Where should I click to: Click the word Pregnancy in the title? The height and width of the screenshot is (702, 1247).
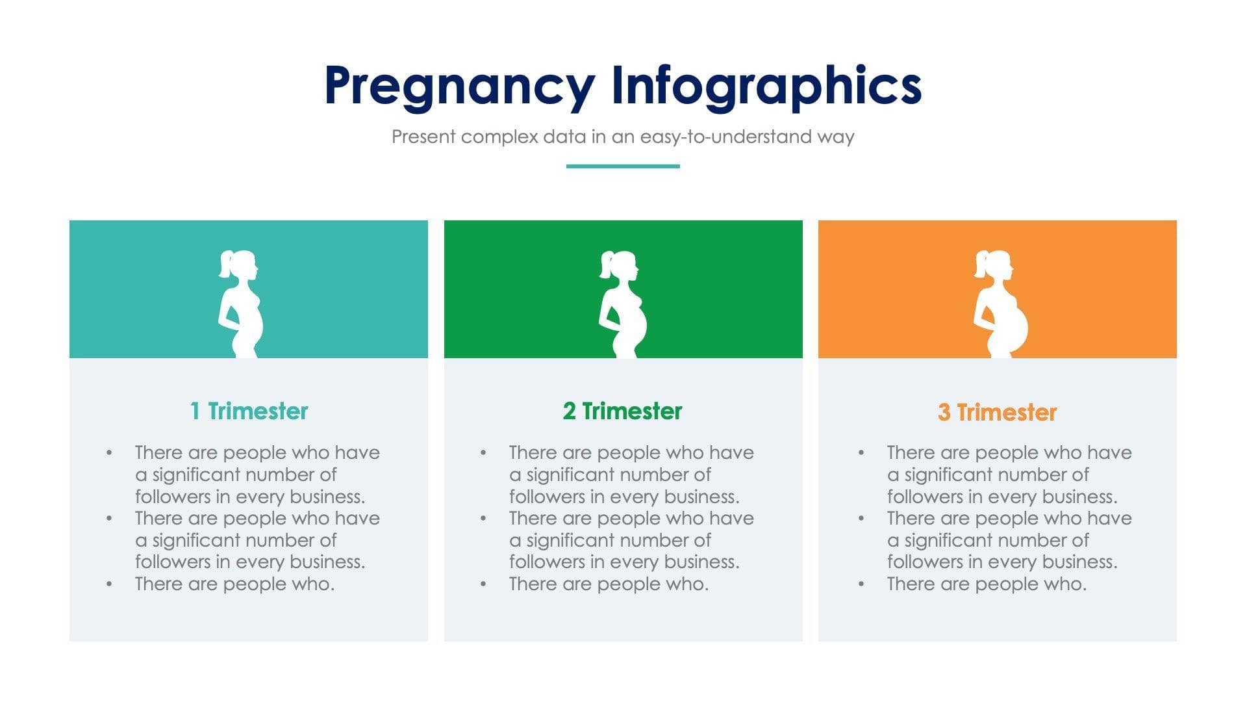[459, 86]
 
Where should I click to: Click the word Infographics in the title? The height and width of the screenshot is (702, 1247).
[766, 86]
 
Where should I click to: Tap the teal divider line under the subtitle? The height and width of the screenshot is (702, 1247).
[622, 166]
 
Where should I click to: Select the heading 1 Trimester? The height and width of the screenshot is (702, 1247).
[249, 411]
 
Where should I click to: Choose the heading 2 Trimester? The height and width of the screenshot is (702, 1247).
[622, 411]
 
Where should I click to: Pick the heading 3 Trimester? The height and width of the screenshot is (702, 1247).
[997, 412]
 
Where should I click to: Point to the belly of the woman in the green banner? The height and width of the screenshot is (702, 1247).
[637, 329]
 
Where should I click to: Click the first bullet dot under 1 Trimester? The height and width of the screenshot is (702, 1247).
[109, 452]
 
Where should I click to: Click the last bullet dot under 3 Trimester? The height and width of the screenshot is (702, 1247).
[861, 584]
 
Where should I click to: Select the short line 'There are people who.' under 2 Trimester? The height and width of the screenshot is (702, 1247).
[609, 584]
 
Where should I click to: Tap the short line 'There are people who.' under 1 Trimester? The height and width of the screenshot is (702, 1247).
[234, 584]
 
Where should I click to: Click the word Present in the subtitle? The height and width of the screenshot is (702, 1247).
[423, 136]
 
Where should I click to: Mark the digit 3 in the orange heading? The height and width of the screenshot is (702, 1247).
[944, 412]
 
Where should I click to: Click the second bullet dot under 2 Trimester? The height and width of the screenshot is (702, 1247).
[483, 519]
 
